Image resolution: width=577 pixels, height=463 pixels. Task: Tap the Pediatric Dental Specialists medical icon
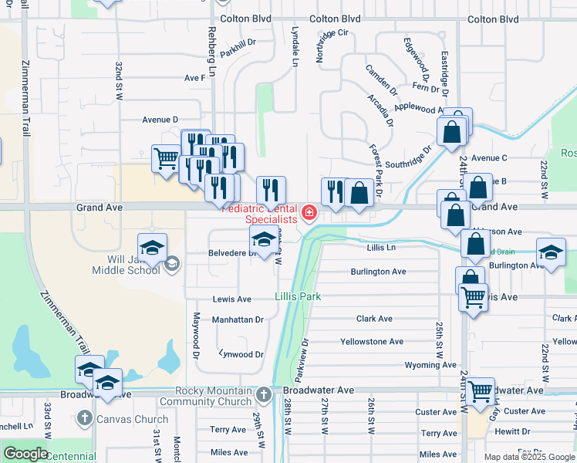pyautogui.click(x=309, y=212)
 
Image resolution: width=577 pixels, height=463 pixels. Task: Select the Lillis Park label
pyautogui.click(x=298, y=296)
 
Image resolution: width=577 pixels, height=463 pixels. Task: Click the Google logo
pyautogui.click(x=25, y=454)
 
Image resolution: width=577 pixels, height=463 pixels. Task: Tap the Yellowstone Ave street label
pyautogui.click(x=372, y=341)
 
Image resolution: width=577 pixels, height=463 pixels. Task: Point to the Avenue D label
pyautogui.click(x=160, y=120)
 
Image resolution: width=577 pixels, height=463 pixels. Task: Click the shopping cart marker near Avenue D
pyautogui.click(x=166, y=160)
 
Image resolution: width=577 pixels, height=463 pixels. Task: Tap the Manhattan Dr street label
pyautogui.click(x=238, y=319)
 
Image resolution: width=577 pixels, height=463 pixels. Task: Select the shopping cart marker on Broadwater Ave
pyautogui.click(x=480, y=391)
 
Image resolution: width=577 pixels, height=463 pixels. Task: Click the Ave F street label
pyautogui.click(x=195, y=78)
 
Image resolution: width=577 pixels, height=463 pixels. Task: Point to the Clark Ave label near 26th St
pyautogui.click(x=374, y=319)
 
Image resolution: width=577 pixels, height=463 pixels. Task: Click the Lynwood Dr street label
pyautogui.click(x=241, y=355)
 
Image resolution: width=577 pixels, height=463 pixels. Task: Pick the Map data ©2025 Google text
pyautogui.click(x=529, y=457)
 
